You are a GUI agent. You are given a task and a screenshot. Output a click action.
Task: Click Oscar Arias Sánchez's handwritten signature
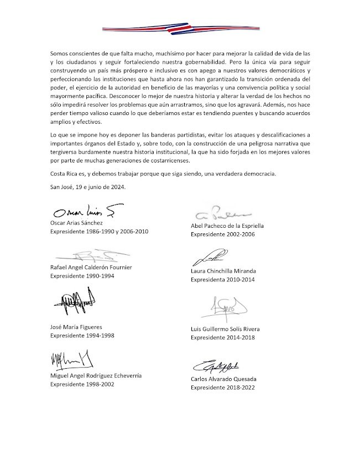pyautogui.click(x=84, y=212)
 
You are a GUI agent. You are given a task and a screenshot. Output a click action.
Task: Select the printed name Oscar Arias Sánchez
pyautogui.click(x=81, y=222)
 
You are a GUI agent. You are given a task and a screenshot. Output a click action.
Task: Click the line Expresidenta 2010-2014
pyautogui.click(x=223, y=280)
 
